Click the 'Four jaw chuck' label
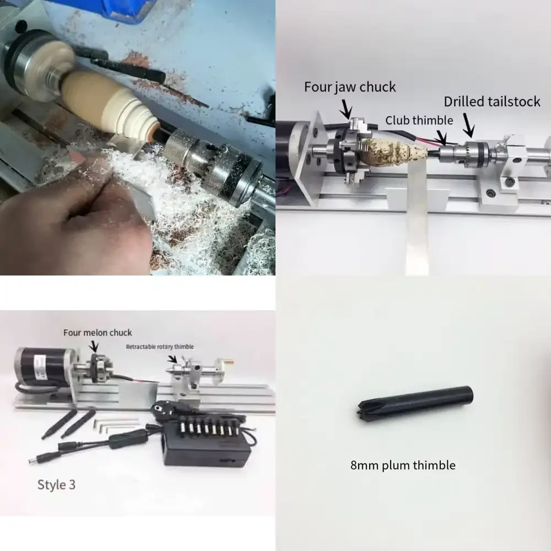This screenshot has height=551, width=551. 350,87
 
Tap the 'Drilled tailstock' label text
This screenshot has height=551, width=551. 492,101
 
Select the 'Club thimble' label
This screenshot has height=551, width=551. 419,120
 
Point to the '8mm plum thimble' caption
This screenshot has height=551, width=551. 403,465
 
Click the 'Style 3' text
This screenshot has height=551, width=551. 56,484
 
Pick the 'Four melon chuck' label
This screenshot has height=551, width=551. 98,332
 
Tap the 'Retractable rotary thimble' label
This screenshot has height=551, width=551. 160,347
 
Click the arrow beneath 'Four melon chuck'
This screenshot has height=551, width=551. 94,346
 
